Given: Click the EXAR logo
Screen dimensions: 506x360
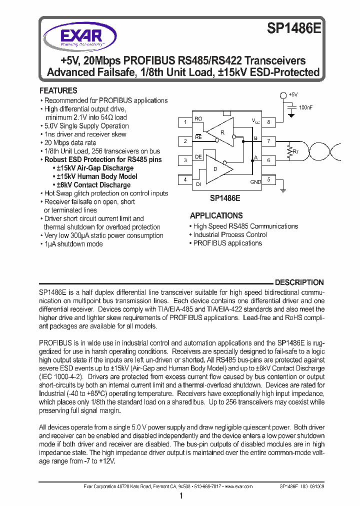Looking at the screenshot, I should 80,37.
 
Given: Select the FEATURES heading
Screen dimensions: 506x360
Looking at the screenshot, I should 58,90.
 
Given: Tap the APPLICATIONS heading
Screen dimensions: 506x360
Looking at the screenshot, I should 216,216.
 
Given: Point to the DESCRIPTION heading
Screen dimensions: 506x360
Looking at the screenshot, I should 299,282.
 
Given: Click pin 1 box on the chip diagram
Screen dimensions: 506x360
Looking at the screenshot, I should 185,122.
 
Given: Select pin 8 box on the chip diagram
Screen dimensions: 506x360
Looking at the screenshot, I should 269,122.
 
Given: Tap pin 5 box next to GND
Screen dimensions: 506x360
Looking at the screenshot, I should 269,179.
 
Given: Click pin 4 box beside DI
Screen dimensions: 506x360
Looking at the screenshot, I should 185,179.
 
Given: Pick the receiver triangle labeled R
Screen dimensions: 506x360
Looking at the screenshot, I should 220,132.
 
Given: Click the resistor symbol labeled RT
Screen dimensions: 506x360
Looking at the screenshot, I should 289,150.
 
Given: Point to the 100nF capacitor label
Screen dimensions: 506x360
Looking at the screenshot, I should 306,107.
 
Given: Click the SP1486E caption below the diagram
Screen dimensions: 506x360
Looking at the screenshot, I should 225,198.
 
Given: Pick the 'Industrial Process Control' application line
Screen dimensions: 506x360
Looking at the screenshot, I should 230,234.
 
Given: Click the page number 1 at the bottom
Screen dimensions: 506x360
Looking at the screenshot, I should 180,496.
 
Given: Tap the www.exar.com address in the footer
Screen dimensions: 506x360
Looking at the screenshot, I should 238,486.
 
